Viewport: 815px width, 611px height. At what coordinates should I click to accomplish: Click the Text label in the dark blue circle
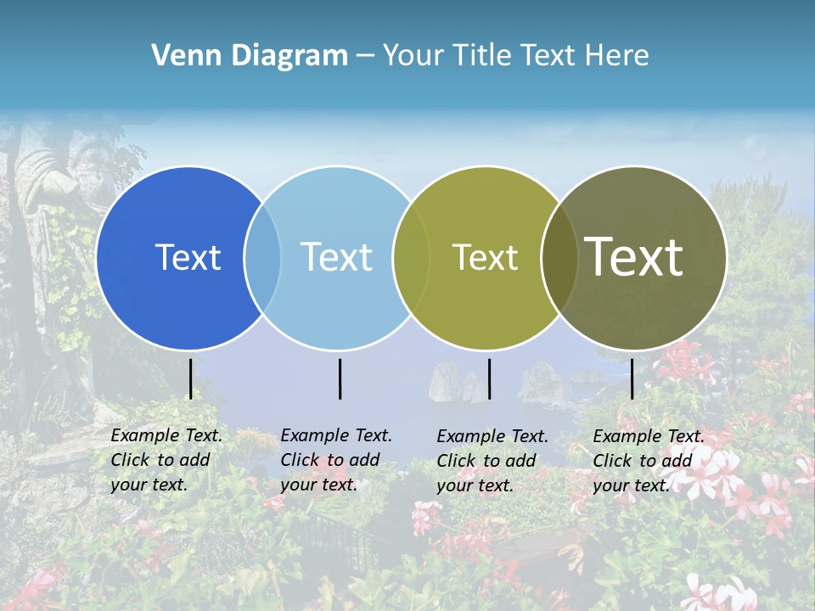point(188,257)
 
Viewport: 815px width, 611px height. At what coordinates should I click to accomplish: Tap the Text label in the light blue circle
point(337,257)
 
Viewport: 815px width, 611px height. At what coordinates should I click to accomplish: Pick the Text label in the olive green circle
point(485,257)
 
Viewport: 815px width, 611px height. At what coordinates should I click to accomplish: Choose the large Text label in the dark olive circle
point(634,257)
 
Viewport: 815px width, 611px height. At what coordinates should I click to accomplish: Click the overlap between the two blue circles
point(262,257)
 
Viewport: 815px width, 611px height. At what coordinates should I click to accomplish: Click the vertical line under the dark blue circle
point(190,378)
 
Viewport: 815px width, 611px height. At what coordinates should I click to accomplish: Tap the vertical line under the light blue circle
point(340,378)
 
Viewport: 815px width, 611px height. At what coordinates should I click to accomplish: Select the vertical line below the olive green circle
point(489,378)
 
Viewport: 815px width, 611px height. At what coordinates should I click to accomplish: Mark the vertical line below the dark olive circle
point(632,378)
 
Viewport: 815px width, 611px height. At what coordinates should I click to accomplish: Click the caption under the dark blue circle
point(166,460)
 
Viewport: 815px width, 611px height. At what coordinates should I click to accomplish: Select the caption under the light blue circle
point(335,460)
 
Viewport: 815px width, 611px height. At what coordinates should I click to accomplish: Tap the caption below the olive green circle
point(492,461)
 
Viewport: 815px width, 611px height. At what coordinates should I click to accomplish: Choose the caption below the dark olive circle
point(648,461)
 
